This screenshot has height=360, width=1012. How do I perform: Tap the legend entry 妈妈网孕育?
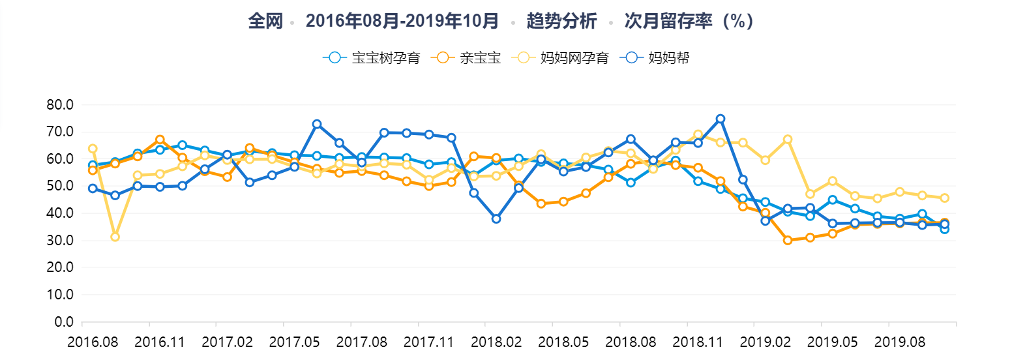(x=574, y=57)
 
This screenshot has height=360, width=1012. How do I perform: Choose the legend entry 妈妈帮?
(x=668, y=57)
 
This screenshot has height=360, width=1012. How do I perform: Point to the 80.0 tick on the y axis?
(x=60, y=105)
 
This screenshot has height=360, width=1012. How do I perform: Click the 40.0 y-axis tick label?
(x=60, y=213)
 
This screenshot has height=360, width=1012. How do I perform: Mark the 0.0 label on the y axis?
(x=63, y=322)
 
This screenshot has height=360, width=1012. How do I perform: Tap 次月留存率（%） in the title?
(x=689, y=21)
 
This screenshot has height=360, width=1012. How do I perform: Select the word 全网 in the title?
(x=265, y=21)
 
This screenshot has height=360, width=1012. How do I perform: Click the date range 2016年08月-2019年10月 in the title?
(x=402, y=21)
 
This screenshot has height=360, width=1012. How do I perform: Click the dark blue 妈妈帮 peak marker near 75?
(x=721, y=119)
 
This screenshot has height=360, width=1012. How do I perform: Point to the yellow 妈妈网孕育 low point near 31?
(x=115, y=237)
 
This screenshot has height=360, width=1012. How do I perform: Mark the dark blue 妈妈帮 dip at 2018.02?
(x=496, y=219)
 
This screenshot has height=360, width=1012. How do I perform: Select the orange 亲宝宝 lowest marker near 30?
(x=788, y=240)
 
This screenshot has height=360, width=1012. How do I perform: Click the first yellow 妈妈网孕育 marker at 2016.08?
(x=93, y=149)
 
